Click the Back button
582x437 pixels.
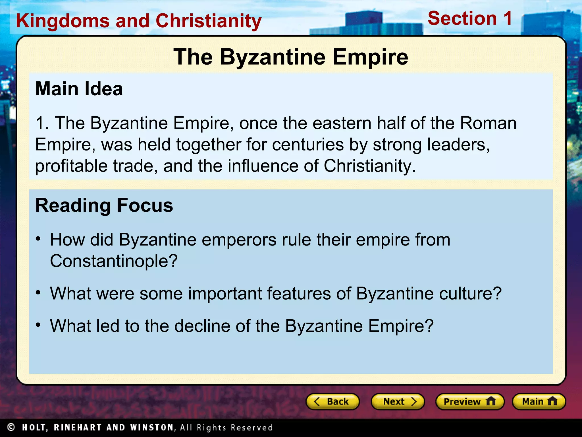tap(332, 401)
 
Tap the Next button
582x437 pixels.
tap(398, 401)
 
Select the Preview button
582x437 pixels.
tap(470, 401)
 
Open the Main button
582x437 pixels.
tap(539, 401)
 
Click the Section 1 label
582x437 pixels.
tap(470, 18)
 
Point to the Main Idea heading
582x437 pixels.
tap(79, 89)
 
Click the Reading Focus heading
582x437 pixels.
tap(104, 205)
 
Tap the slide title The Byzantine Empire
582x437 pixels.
tap(291, 57)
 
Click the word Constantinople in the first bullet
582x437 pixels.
tap(114, 261)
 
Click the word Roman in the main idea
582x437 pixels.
tap(488, 123)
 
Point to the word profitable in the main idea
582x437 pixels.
tap(71, 166)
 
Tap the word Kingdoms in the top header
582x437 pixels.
tap(63, 21)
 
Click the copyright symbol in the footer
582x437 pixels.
tap(11, 427)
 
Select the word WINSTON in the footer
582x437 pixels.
tap(152, 427)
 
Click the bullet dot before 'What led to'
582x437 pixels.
tap(39, 325)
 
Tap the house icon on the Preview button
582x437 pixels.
tap(491, 401)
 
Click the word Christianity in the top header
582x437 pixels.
tap(209, 21)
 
